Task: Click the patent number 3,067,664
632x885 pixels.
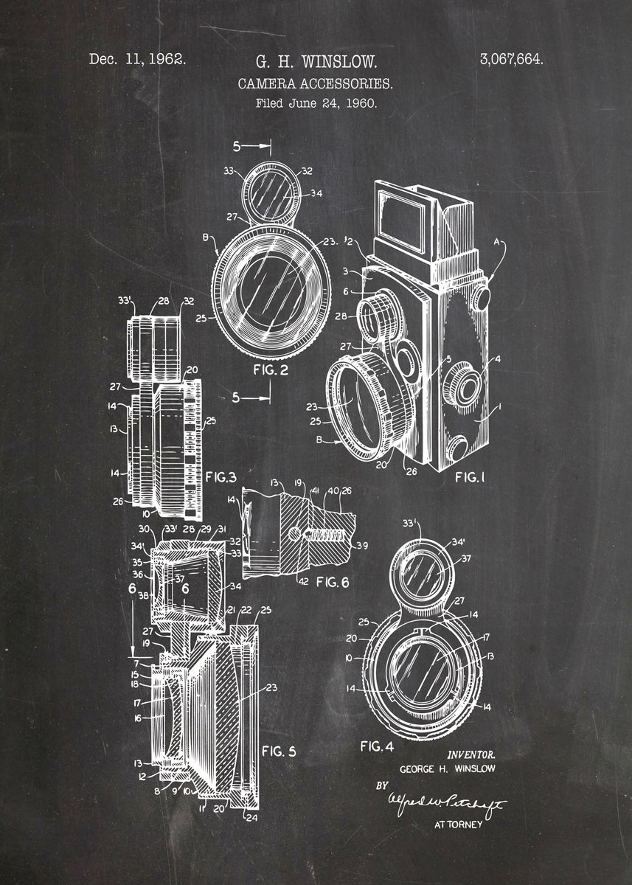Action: click(x=511, y=60)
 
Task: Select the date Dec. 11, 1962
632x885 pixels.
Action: click(x=137, y=59)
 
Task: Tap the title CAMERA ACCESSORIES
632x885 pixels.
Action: click(x=315, y=83)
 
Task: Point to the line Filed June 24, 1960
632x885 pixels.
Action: click(x=316, y=103)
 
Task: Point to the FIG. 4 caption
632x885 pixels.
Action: click(x=376, y=746)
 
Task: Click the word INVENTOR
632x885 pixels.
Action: click(x=470, y=754)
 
